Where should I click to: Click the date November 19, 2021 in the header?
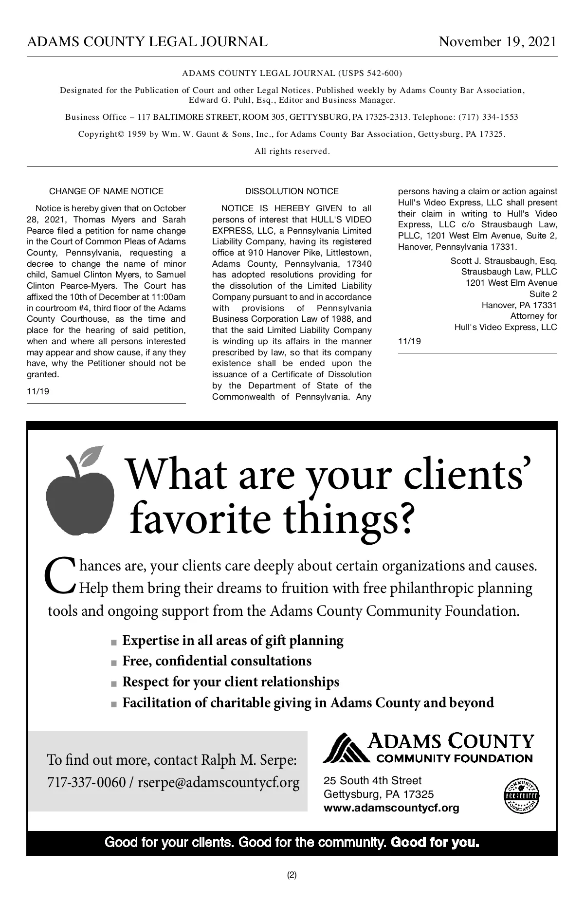497,42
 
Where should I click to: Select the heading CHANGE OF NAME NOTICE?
106,191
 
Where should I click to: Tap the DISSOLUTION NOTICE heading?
292,191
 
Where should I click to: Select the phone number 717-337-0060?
86,783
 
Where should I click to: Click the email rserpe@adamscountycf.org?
219,783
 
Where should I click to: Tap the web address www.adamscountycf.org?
391,808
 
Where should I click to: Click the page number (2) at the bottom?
292,875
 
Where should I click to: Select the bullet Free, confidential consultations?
217,661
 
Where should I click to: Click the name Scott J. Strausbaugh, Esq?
504,261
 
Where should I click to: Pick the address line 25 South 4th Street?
372,781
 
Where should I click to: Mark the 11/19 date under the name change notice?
38,391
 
